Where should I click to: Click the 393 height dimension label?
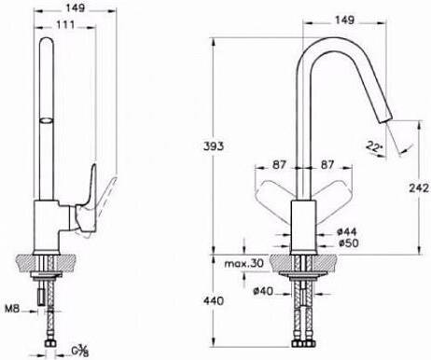coord(214,146)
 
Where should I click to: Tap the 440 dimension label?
coord(214,300)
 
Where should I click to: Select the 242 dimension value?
coord(419,187)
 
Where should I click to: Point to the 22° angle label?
coord(373,146)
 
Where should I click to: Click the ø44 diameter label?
coord(347,231)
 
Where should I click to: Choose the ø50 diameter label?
coord(348,242)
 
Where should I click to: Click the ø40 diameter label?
coord(263,291)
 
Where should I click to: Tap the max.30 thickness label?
coord(243,264)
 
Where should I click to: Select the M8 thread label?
coord(12,309)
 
